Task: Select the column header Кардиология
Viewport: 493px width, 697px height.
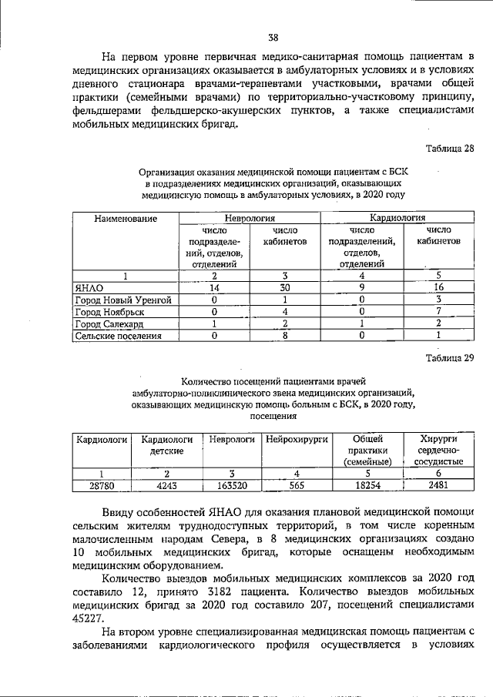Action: pos(399,219)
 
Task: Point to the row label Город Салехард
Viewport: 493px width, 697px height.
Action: pos(108,324)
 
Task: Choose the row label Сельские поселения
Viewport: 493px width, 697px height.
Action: pos(118,337)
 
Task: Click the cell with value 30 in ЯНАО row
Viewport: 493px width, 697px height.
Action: pos(284,287)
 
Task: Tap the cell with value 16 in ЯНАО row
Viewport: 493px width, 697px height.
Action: pos(438,287)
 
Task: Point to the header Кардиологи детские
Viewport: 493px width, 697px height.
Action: pos(166,444)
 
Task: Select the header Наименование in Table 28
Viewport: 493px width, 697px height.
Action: pos(126,219)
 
